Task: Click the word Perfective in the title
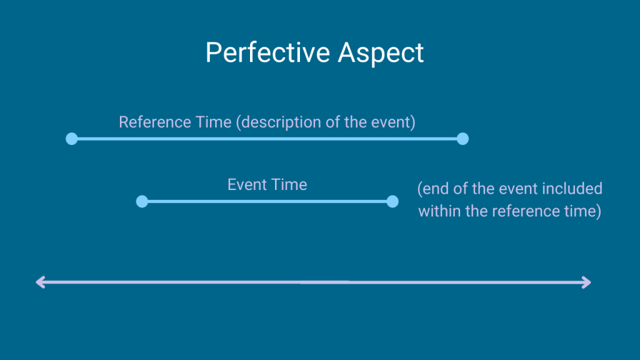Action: [267, 53]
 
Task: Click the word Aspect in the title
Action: [381, 53]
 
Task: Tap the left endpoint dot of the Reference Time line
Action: [72, 139]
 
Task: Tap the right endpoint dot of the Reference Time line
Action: [462, 139]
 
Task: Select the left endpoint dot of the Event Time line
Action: [142, 201]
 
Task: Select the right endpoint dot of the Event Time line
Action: [392, 201]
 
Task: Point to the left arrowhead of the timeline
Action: [40, 282]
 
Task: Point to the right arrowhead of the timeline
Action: [586, 282]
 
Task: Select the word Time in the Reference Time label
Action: [214, 122]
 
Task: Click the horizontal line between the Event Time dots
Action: [267, 201]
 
